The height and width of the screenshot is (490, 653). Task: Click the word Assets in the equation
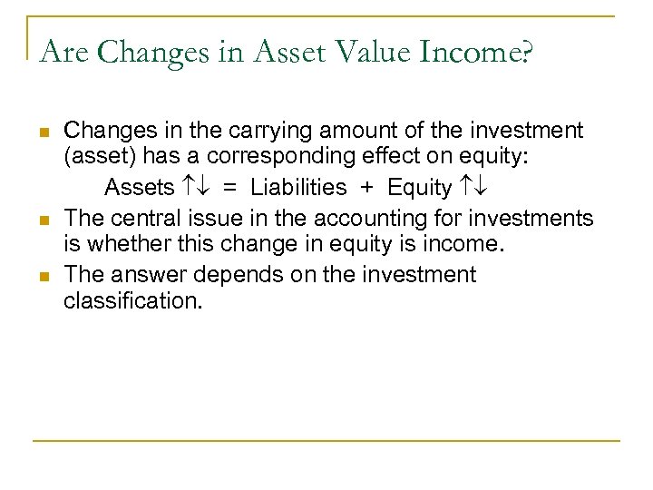coord(139,188)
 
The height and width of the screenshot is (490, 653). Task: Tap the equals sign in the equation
coord(230,188)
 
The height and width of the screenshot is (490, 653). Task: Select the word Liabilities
coord(298,188)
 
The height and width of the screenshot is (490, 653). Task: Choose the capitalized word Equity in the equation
coord(419,188)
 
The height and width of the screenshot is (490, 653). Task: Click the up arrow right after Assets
coord(187,188)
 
